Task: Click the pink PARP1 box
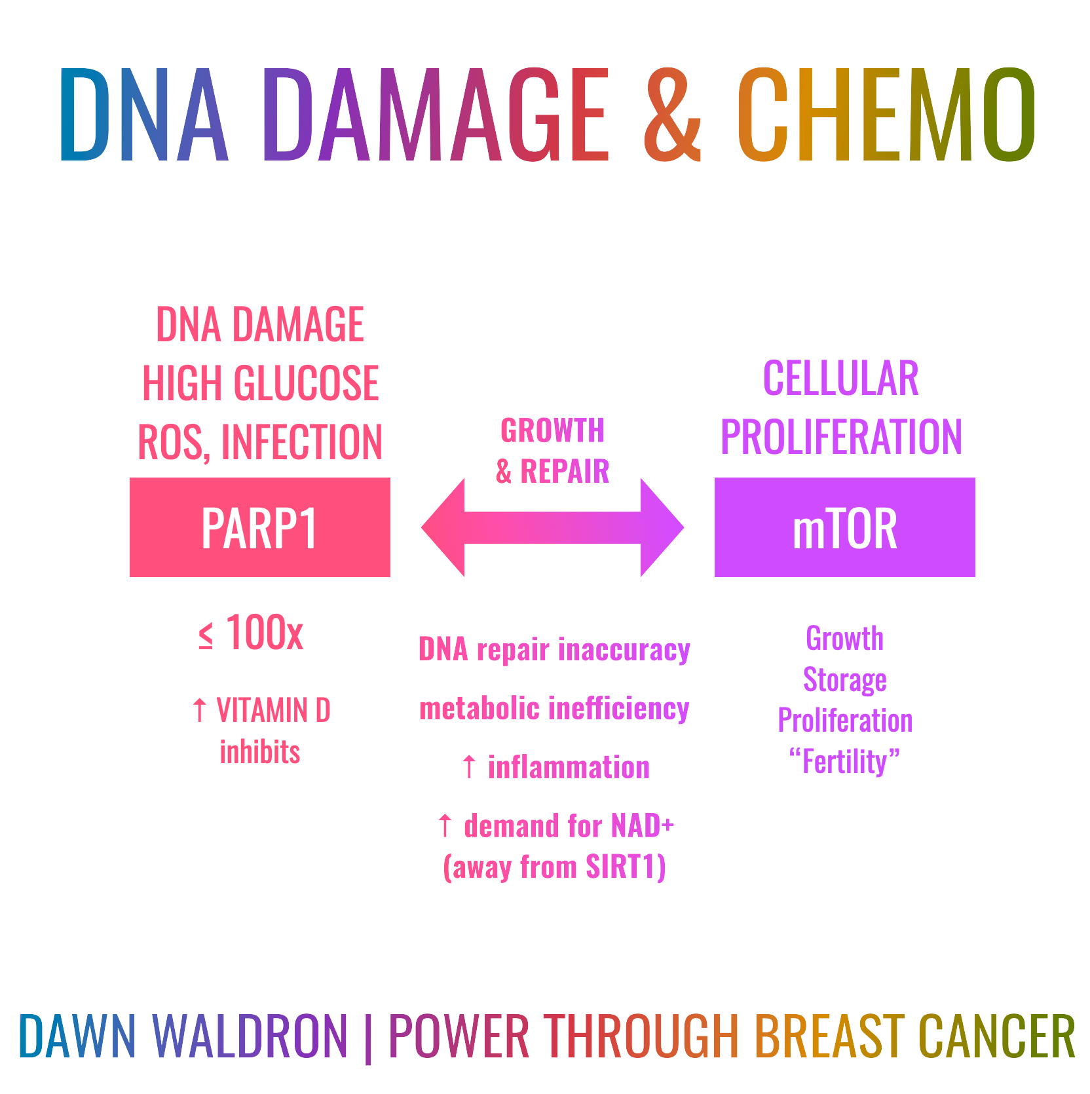[259, 527]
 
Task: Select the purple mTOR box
[844, 527]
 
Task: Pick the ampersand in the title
[672, 115]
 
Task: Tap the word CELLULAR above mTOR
[840, 379]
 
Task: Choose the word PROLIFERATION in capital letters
[841, 437]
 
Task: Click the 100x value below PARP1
[264, 633]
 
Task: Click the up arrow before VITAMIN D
[200, 710]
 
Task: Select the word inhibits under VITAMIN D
[260, 752]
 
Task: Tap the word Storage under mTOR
[844, 680]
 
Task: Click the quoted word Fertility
[844, 762]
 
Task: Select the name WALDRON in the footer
[250, 1036]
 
